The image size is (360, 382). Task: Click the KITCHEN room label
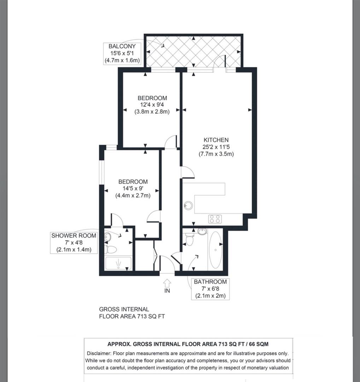[x=216, y=140]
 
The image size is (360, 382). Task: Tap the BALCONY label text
[x=122, y=46]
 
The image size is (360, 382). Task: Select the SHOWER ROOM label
[x=74, y=236]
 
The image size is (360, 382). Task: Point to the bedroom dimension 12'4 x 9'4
[x=152, y=105]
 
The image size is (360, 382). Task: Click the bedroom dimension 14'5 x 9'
[x=133, y=189]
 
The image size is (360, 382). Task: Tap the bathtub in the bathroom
[x=215, y=250]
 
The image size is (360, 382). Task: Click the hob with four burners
[x=215, y=219]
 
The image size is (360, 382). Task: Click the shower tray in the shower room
[x=118, y=264]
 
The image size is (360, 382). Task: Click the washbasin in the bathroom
[x=202, y=232]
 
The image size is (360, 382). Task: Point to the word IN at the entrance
[x=167, y=291]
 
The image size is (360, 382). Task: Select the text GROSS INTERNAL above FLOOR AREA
[x=124, y=309]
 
